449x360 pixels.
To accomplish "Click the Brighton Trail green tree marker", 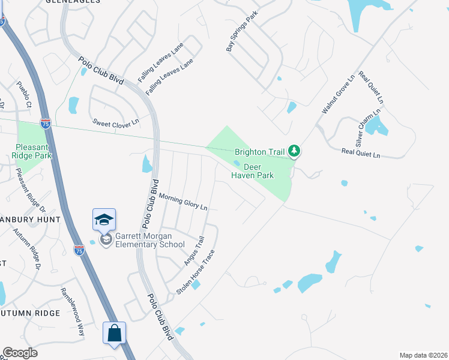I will point(294,151).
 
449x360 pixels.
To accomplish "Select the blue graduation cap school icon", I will point(104,220).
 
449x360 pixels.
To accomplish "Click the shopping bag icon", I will point(114,333).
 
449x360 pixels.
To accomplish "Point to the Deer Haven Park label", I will point(253,171).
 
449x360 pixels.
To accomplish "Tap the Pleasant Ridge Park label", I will point(34,151).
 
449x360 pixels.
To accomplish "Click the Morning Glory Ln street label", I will point(183,202).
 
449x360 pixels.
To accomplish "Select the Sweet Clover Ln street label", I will point(115,122).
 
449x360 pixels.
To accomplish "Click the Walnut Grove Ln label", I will point(339,95).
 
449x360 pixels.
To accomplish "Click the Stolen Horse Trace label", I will point(196,271).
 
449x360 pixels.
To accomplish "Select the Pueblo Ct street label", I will point(24,95).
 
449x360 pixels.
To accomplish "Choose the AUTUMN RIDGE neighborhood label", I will point(30,313).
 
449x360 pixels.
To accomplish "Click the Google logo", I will point(20,353).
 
